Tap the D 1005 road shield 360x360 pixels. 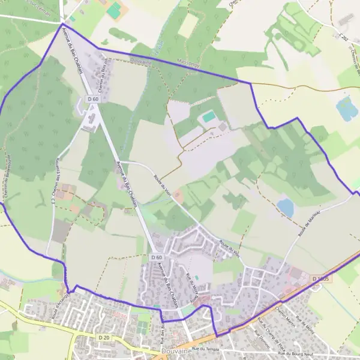(x=320, y=279)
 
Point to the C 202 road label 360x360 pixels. (x=343, y=37)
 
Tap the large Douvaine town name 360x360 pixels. (x=175, y=351)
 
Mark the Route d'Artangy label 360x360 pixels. (x=61, y=304)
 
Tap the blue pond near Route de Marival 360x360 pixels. (x=286, y=208)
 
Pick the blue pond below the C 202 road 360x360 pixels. (x=346, y=109)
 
